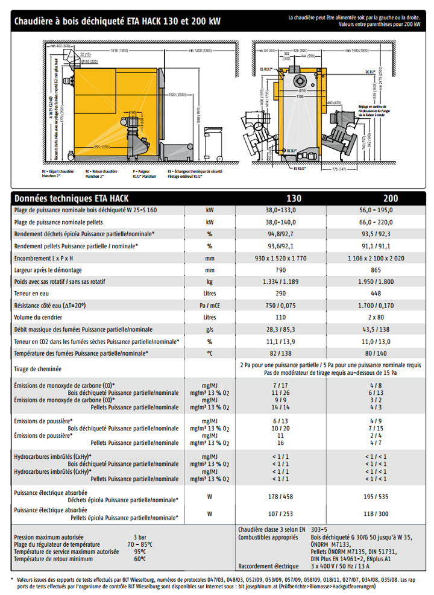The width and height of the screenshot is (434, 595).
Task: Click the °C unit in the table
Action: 210,353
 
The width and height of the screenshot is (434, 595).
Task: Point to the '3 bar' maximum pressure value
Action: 140,537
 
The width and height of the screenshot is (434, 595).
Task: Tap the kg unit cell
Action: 210,282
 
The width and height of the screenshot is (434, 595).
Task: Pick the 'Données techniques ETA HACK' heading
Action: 71,198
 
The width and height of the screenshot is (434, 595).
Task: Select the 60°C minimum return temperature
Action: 140,558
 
